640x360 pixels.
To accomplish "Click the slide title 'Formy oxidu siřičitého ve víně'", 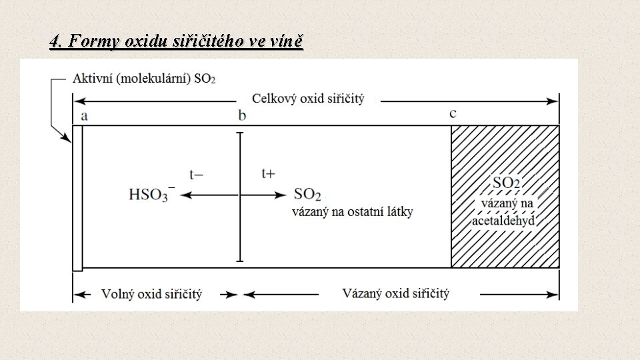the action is (176, 42).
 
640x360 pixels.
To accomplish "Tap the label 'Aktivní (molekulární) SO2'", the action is (143, 79).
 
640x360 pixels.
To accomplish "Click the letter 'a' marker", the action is (84, 115).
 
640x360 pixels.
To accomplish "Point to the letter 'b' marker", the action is (242, 115).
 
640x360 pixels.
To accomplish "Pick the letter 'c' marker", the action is (453, 113).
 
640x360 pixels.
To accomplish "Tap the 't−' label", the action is (196, 175).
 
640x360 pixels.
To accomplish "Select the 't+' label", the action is (268, 173).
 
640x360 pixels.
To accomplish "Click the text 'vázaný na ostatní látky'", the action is (353, 212).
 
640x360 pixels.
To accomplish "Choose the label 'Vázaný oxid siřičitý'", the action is (396, 293).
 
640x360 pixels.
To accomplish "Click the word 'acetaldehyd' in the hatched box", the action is (504, 221).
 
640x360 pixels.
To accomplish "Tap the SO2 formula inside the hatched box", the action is (506, 183).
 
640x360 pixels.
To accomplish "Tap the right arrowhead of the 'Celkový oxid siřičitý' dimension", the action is (554, 101).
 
